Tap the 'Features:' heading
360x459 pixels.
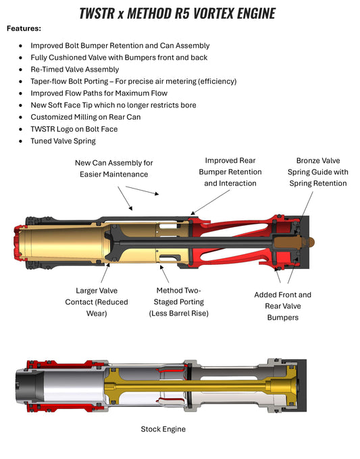[24, 28]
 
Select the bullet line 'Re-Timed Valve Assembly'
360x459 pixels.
[74, 70]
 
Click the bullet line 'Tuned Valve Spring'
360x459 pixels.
[63, 141]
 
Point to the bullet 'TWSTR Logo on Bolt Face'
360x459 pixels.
[74, 129]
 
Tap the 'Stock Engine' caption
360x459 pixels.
[163, 429]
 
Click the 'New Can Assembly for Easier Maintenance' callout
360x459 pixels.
[113, 168]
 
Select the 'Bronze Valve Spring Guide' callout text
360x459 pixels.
[318, 172]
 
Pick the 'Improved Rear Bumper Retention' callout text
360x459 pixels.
[230, 172]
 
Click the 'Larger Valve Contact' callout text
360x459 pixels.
[97, 301]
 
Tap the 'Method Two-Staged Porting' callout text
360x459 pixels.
[179, 301]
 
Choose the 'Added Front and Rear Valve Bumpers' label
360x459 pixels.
[282, 306]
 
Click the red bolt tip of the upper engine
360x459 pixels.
[18, 243]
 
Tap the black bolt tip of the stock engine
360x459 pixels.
[26, 385]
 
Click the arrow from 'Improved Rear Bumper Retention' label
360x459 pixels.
[210, 202]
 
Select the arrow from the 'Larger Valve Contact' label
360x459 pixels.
[105, 272]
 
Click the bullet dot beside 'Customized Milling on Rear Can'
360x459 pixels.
[20, 117]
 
